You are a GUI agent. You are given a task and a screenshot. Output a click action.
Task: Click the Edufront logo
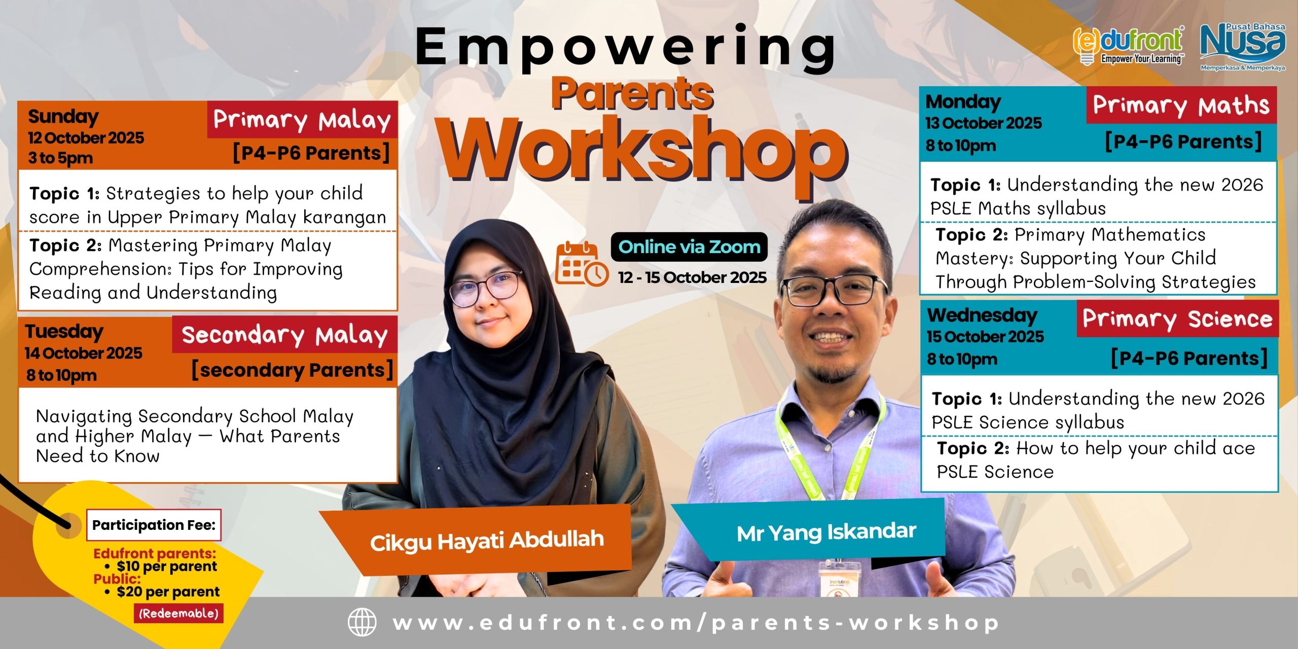(1129, 46)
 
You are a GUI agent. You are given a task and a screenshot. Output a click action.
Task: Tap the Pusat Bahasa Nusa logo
(1243, 47)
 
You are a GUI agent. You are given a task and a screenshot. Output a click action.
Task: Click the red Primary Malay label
(302, 120)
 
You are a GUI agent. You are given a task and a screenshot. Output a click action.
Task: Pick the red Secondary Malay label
(285, 335)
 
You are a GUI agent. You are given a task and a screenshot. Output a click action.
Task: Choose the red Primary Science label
(1177, 319)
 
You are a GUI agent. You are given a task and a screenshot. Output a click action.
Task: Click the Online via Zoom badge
(689, 247)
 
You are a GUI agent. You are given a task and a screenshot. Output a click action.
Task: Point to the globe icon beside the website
(362, 622)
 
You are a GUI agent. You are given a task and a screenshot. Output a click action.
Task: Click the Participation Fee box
(154, 525)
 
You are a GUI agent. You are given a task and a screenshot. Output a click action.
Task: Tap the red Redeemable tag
(179, 614)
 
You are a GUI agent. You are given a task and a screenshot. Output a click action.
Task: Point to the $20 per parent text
(168, 592)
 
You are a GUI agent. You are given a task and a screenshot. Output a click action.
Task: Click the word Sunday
(63, 117)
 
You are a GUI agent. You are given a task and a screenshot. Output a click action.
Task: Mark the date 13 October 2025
(984, 123)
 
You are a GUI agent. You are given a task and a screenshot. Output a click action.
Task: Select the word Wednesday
(982, 315)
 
